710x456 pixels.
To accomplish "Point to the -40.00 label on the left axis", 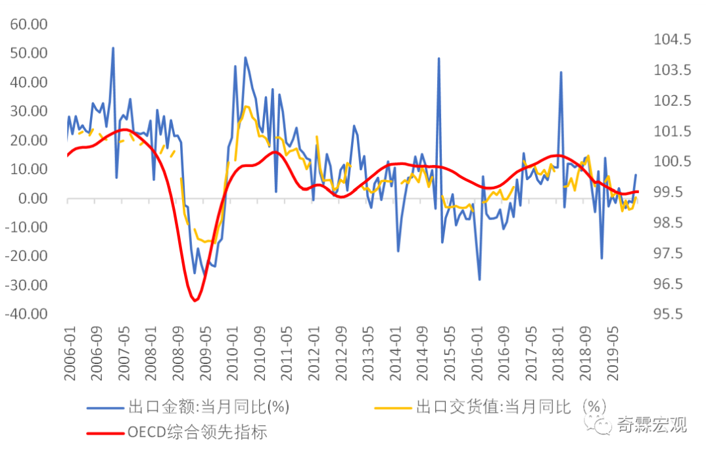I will (28, 314).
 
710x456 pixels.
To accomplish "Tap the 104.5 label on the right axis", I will (672, 39).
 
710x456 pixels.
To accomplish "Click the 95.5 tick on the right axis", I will (672, 314).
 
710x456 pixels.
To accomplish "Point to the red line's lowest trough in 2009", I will (195, 300).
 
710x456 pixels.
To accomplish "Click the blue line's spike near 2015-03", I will (438, 58).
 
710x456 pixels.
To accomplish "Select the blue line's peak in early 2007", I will (113, 48).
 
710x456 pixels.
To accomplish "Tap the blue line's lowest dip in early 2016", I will (479, 279).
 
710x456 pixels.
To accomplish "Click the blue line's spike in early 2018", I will (561, 72).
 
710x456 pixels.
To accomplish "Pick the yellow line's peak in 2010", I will (246, 106).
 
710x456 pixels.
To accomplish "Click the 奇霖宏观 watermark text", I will (651, 424).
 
